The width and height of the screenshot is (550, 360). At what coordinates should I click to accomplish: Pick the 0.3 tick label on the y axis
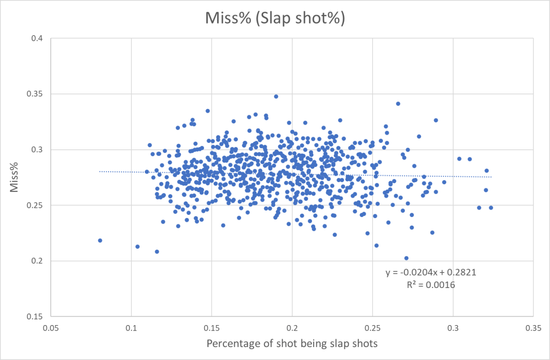[x=39, y=150]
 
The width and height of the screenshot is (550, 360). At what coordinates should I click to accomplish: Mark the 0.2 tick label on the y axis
[x=39, y=261]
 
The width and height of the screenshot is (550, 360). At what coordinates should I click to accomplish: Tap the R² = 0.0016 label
[x=431, y=285]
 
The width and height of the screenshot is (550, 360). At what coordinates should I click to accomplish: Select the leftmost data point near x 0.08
[x=100, y=241]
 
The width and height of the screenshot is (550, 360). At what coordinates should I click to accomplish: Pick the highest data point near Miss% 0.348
[x=276, y=97]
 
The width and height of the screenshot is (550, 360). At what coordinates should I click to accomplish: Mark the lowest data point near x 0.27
[x=406, y=258]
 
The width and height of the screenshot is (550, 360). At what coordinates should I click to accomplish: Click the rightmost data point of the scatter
[x=491, y=207]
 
